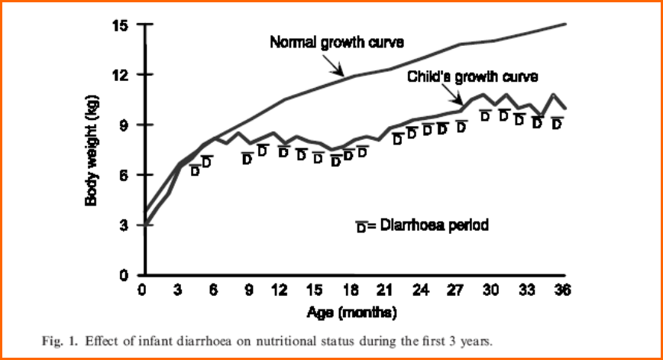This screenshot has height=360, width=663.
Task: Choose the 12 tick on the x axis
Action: point(283,290)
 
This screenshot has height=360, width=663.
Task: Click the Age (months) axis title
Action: point(352,313)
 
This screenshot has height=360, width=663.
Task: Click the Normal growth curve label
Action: point(336,41)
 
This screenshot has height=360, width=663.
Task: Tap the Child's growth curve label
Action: point(473,76)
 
